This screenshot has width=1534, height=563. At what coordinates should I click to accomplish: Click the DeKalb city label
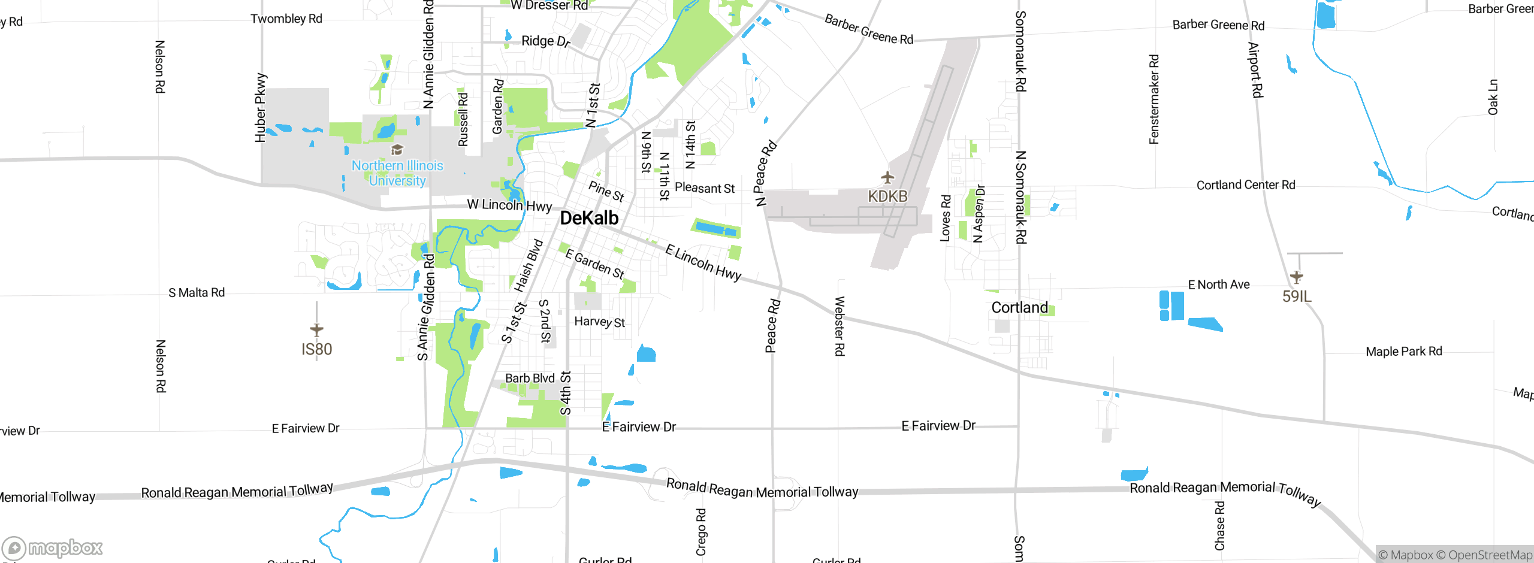pos(589,218)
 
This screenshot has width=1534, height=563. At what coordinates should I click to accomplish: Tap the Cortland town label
pos(1019,308)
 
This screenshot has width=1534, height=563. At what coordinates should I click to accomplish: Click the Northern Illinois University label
pos(397,173)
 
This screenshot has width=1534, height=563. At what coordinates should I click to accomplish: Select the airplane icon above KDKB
pos(887,178)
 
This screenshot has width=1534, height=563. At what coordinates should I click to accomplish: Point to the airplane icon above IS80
pos(316,329)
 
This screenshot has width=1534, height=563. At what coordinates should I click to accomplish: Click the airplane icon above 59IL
pos(1296,277)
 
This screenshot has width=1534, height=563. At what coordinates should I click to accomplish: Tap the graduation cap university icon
pos(397,149)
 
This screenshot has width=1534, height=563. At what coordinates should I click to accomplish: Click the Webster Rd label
pos(840,326)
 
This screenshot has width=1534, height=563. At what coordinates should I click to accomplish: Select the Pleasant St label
pos(705,188)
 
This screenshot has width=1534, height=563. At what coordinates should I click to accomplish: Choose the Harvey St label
pos(599,322)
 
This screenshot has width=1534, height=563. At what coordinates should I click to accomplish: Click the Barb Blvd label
pos(530,379)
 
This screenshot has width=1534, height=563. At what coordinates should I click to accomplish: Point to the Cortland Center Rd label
pos(1246,185)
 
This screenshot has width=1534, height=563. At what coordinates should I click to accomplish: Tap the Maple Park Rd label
pos(1403,352)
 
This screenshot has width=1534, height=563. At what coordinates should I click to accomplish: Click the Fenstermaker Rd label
pos(1154,99)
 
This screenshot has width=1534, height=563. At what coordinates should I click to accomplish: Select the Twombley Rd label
pos(286,19)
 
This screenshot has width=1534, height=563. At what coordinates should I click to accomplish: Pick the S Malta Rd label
pos(197,293)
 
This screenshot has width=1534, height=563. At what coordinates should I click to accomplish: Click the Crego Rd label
pos(701,532)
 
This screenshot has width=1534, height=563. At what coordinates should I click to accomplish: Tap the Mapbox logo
pos(52,547)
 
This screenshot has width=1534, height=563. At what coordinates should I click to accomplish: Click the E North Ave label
pos(1219,284)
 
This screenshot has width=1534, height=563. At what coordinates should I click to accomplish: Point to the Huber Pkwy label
pos(260,108)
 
